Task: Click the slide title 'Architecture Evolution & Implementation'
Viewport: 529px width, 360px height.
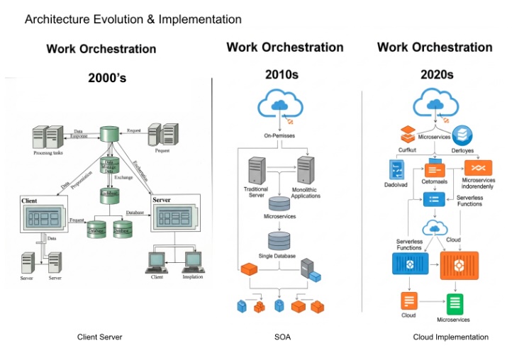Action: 133,19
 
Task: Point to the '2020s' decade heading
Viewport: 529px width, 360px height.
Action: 434,74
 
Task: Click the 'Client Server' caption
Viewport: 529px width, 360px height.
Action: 100,337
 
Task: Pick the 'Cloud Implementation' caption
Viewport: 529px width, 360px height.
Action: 450,337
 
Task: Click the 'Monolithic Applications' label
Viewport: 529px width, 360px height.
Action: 306,192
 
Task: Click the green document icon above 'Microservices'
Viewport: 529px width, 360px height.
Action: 455,303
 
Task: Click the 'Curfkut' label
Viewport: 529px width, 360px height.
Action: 407,150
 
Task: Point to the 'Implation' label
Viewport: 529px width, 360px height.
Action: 192,277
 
